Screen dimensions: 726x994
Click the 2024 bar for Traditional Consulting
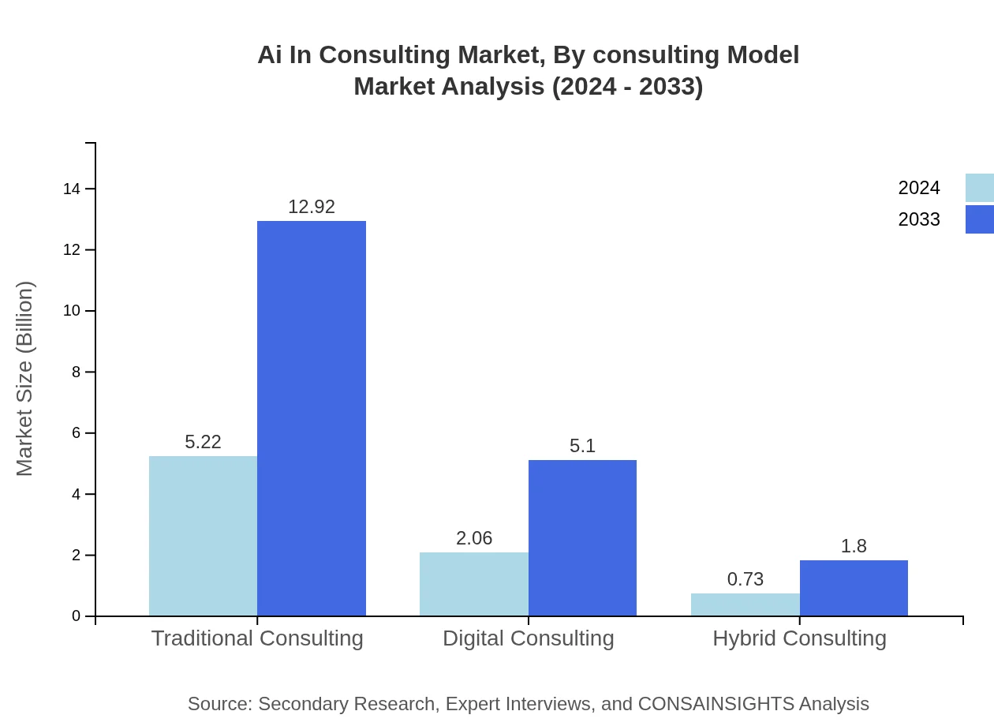pyautogui.click(x=203, y=536)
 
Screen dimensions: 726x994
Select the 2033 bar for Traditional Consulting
pyautogui.click(x=312, y=418)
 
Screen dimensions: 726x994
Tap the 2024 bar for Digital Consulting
pyautogui.click(x=473, y=584)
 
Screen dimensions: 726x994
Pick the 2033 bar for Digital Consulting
pyautogui.click(x=582, y=537)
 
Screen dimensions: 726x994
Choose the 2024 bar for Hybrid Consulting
pyautogui.click(x=745, y=604)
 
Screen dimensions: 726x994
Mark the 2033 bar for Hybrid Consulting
pyautogui.click(x=854, y=588)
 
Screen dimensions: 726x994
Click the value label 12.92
pyautogui.click(x=312, y=207)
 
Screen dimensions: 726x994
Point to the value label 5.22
pyautogui.click(x=203, y=442)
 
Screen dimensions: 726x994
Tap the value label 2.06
pyautogui.click(x=473, y=538)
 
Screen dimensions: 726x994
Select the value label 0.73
pyautogui.click(x=745, y=579)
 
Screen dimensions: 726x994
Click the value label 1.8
pyautogui.click(x=854, y=546)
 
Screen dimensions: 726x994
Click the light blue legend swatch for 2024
pyautogui.click(x=979, y=188)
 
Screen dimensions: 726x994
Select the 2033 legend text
pyautogui.click(x=919, y=219)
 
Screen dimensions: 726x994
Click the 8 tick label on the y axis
pyautogui.click(x=77, y=372)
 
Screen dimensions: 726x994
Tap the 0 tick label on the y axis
pyautogui.click(x=77, y=616)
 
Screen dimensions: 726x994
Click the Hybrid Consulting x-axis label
pyautogui.click(x=799, y=638)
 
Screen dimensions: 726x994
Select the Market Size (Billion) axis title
pyautogui.click(x=24, y=379)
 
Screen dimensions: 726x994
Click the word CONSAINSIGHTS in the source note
pyautogui.click(x=716, y=703)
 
